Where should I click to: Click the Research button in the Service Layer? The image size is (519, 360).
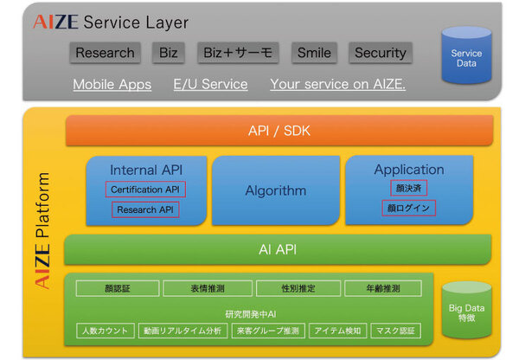pyautogui.click(x=105, y=53)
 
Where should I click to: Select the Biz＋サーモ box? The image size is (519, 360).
pyautogui.click(x=237, y=53)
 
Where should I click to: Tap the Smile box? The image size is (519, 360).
pyautogui.click(x=313, y=53)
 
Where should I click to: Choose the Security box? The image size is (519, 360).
pyautogui.click(x=380, y=53)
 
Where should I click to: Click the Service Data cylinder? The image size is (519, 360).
pyautogui.click(x=466, y=57)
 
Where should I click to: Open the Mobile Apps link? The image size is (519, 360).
pyautogui.click(x=112, y=85)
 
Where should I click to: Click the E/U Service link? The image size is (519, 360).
pyautogui.click(x=210, y=85)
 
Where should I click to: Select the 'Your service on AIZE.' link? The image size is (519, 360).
pyautogui.click(x=337, y=85)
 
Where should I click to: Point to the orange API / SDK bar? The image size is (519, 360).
pyautogui.click(x=279, y=131)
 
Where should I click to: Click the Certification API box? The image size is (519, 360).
pyautogui.click(x=145, y=189)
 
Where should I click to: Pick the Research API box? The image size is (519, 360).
pyautogui.click(x=145, y=209)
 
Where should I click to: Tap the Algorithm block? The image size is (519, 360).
pyautogui.click(x=275, y=190)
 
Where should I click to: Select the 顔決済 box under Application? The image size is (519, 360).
pyautogui.click(x=408, y=188)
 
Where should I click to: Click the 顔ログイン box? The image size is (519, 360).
pyautogui.click(x=408, y=208)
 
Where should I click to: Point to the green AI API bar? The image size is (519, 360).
pyautogui.click(x=279, y=249)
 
